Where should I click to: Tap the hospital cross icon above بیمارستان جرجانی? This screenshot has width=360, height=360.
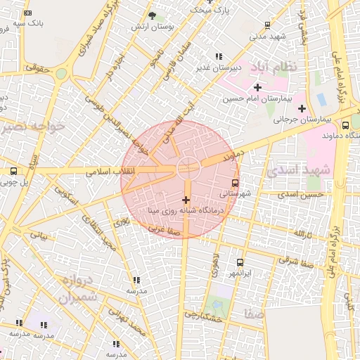tap(302, 108)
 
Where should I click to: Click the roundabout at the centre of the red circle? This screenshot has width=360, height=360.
tap(187, 168)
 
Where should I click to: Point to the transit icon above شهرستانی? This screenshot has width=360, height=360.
tap(235, 182)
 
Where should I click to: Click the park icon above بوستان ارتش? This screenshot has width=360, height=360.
tap(153, 15)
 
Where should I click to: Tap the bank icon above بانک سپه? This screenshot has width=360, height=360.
tap(27, 13)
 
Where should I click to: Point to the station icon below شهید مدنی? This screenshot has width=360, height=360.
tap(267, 25)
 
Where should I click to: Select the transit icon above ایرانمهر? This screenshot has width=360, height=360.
tap(240, 262)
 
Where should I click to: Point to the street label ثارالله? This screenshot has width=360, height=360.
tap(303, 233)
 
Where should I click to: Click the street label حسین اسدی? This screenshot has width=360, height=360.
tap(301, 194)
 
